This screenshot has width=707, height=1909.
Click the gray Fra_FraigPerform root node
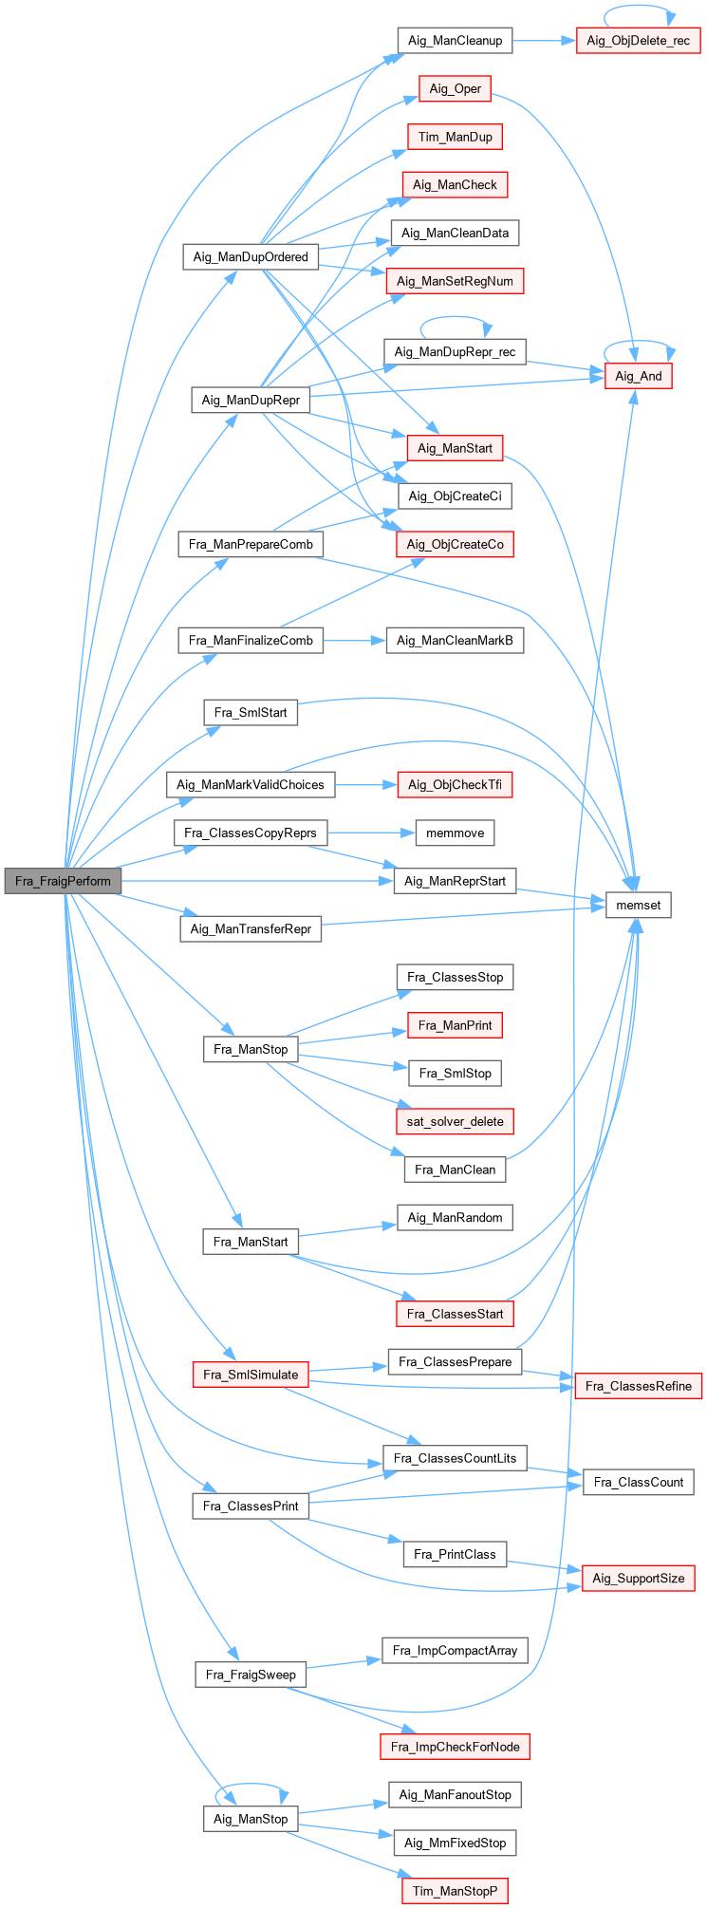click(63, 881)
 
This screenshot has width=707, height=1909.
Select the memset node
click(638, 905)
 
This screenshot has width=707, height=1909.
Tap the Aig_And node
click(638, 376)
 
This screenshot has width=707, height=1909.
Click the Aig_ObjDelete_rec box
click(638, 41)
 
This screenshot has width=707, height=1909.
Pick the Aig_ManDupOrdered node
click(251, 256)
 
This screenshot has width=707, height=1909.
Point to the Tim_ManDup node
click(455, 137)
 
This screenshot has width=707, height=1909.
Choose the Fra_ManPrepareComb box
click(251, 544)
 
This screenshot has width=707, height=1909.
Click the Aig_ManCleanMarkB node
click(455, 641)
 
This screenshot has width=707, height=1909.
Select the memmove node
click(455, 833)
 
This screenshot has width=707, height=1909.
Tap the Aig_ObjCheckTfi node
click(455, 784)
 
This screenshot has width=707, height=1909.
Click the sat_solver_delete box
click(455, 1121)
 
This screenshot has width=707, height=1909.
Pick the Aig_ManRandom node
click(455, 1217)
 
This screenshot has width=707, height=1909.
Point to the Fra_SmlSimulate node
click(251, 1375)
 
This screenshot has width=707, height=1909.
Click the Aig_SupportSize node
click(638, 1578)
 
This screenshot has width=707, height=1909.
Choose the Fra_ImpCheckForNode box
click(455, 1747)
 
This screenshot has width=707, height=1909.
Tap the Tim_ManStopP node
click(455, 1891)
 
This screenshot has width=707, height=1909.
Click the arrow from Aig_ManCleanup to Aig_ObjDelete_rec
click(545, 41)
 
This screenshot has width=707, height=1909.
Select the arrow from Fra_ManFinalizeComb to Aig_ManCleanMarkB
click(354, 641)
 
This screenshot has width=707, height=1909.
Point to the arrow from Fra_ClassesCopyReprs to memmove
click(371, 833)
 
